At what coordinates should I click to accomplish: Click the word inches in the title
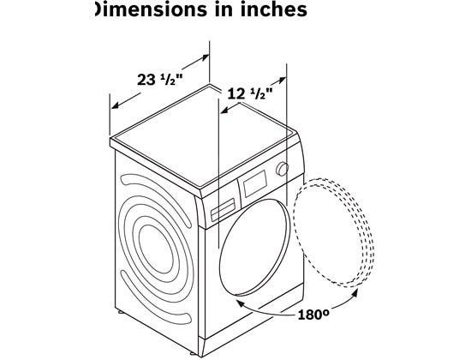coord(273,9)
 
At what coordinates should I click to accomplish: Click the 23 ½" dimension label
coord(160,80)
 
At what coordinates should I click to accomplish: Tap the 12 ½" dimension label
coord(250,94)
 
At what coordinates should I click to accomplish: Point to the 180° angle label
coord(313,315)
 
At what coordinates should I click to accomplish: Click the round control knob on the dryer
coord(283,169)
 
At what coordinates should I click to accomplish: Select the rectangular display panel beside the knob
coord(255,183)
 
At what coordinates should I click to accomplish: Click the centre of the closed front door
coord(254,248)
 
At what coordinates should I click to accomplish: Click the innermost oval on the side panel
coord(157,249)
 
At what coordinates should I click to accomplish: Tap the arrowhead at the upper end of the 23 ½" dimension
coord(205,57)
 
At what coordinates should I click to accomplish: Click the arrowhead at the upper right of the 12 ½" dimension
coord(282,80)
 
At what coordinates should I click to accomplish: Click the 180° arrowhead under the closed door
coord(241,303)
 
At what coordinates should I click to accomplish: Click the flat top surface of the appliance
coord(205,135)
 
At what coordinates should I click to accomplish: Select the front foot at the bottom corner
coord(201,356)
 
